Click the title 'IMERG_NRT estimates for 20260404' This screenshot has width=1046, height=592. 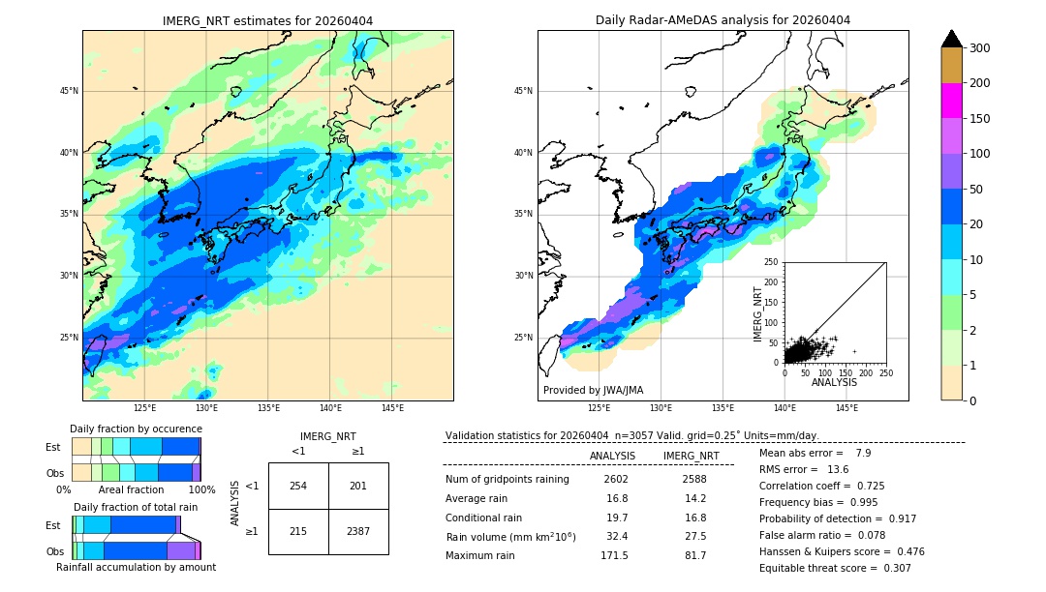[x=267, y=20]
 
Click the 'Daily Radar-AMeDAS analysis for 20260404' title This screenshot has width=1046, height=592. [x=723, y=20]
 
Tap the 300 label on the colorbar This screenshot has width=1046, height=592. [x=980, y=48]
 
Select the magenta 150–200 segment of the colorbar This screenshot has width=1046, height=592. [x=951, y=101]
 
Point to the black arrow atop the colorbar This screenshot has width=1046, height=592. [x=951, y=39]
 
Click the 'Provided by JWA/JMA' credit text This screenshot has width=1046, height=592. [x=593, y=390]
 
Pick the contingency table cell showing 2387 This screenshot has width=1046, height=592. [x=358, y=531]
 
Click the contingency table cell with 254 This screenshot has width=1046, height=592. [x=298, y=486]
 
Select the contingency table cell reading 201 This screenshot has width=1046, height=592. [x=358, y=486]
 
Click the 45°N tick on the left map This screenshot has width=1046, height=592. [x=69, y=92]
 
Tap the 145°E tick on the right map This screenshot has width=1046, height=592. [x=846, y=408]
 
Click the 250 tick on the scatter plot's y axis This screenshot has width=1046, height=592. [x=772, y=262]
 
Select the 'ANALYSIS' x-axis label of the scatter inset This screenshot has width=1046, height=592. [x=834, y=382]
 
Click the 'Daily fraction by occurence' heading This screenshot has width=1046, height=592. [x=136, y=429]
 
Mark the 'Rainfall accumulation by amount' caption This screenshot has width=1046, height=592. [x=136, y=567]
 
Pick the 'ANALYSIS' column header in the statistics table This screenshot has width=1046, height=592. [x=613, y=456]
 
